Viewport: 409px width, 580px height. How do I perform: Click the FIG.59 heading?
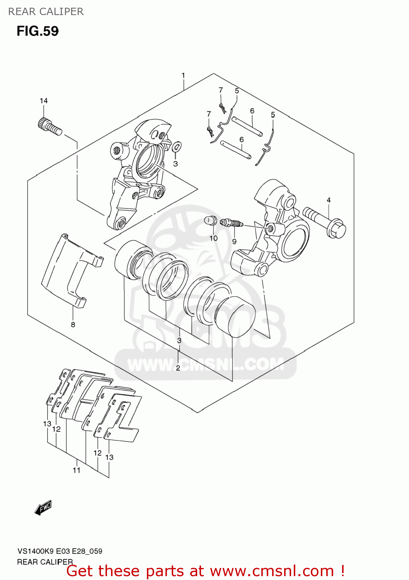click(x=37, y=31)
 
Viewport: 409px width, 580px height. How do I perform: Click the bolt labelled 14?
click(x=50, y=126)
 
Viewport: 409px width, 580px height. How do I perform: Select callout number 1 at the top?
click(x=183, y=75)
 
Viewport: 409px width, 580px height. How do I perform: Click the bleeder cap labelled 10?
click(x=210, y=221)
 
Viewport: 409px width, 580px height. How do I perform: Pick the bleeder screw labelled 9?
click(x=231, y=223)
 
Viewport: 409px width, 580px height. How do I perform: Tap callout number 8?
click(x=73, y=325)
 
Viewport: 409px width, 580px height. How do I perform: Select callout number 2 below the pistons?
click(x=178, y=368)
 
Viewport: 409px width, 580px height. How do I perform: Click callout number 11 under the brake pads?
click(x=77, y=470)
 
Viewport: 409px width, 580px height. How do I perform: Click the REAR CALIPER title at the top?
click(x=46, y=12)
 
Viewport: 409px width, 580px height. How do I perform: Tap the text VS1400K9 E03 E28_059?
click(x=60, y=551)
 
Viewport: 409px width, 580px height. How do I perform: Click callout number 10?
click(x=214, y=238)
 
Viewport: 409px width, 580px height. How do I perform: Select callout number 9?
click(x=234, y=241)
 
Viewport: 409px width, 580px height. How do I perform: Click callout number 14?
click(x=44, y=101)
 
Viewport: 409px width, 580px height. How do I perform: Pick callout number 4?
click(x=329, y=200)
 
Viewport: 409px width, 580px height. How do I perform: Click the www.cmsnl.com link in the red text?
click(x=272, y=571)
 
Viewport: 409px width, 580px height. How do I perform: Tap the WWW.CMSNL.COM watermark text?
click(x=205, y=364)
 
